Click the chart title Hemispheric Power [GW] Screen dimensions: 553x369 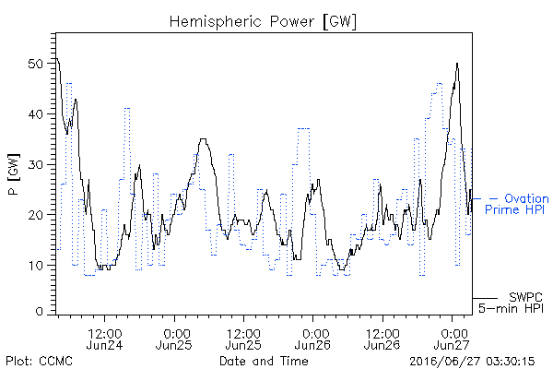pos(263,22)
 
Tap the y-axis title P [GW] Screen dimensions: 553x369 pos(14,174)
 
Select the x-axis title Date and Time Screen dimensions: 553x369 pos(264,361)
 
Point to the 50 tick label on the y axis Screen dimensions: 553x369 pos(35,64)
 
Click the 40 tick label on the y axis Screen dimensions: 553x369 pos(35,114)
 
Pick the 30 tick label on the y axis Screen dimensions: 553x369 pos(35,165)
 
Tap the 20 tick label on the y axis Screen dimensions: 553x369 pos(35,215)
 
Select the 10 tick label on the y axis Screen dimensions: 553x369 pos(35,266)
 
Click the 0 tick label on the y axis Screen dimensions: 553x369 pos(39,312)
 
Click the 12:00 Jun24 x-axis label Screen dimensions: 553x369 pos(104,339)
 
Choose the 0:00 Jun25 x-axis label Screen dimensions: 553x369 pos(174,339)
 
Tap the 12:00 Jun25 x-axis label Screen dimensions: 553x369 pos(243,339)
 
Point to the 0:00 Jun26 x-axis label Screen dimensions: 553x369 pos(312,339)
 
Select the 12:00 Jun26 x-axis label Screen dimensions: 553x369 pos(382,339)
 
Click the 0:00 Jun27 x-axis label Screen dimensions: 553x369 pos(452,339)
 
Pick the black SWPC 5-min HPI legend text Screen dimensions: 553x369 pos(511,303)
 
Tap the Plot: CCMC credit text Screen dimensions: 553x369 pos(39,362)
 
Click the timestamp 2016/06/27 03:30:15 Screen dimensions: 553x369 pos(472,362)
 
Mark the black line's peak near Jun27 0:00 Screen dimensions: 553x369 pos(457,64)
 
